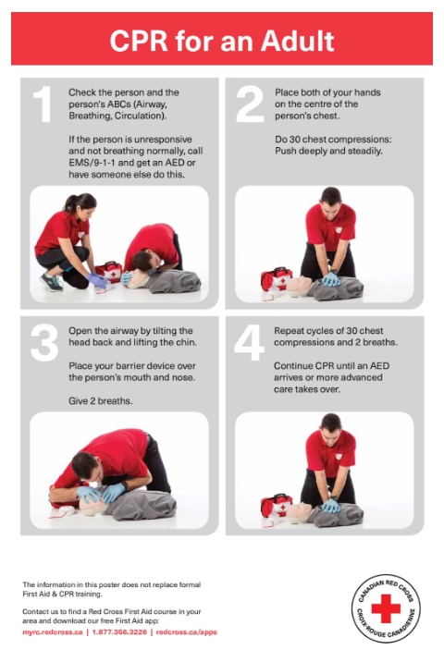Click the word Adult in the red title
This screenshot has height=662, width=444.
coord(297,41)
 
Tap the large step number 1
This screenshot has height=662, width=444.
coord(43,104)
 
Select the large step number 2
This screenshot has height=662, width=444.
coord(250,104)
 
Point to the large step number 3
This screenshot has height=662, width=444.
coord(44,343)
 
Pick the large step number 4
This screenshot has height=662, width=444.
coord(249,343)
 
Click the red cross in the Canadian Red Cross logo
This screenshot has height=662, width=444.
coord(386,608)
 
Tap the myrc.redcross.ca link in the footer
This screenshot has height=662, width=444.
coord(53,632)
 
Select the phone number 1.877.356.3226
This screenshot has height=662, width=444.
coord(119,632)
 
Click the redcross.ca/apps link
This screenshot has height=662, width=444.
coord(186,632)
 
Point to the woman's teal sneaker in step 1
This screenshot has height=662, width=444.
coord(51,282)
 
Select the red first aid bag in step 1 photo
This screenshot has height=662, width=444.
coord(108,271)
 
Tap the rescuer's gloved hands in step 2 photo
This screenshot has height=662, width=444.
coord(330,279)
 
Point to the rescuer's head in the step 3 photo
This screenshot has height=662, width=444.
coord(85,466)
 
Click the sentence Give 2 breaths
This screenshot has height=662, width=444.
coord(101,400)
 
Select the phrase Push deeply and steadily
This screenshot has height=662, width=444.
coord(328,151)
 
